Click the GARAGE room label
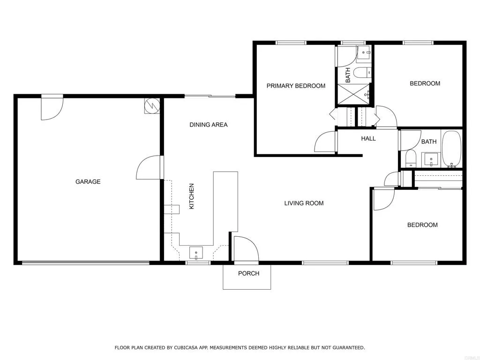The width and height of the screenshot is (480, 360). pos(88,182)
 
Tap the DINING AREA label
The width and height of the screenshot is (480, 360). pos(208,125)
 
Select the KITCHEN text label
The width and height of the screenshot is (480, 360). pos(191,196)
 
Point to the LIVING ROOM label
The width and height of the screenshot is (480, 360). pos(304,203)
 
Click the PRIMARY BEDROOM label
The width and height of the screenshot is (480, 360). pos(296,86)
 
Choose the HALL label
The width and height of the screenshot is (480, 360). pos(368,138)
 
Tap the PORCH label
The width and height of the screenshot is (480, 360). pos(248,273)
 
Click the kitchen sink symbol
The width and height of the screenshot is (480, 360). pos(196,253)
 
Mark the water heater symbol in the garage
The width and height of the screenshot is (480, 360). pos(152,106)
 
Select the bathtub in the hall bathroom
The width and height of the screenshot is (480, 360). pos(452,149)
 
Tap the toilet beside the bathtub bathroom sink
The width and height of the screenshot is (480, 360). pos(411,158)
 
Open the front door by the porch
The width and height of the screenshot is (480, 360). pos(245,249)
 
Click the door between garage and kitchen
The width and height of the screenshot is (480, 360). pos(149,168)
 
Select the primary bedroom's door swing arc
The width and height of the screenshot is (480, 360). pos(326,142)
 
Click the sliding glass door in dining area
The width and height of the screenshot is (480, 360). pos(210,96)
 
